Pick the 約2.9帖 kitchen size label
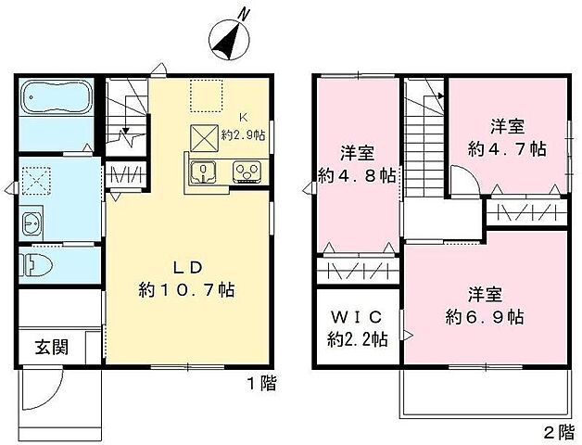tap(242, 135)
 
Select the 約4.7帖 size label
tap(508, 148)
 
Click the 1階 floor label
tap(262, 383)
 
